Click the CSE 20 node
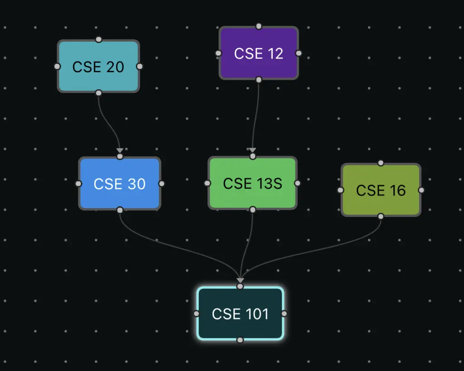click(98, 67)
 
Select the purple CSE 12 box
click(259, 54)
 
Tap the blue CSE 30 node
click(120, 184)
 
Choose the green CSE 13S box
click(252, 183)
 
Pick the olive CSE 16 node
click(381, 190)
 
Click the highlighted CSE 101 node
click(240, 313)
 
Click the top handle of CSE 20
click(98, 39)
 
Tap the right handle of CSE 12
click(299, 53)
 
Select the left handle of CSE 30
click(78, 184)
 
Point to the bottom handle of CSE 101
click(240, 340)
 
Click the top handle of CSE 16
click(381, 163)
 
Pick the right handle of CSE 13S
click(297, 183)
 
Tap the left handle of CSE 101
click(196, 313)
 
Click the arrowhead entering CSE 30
click(120, 150)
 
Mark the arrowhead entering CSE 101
click(240, 280)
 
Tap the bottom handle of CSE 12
click(259, 80)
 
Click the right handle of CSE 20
click(140, 66)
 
